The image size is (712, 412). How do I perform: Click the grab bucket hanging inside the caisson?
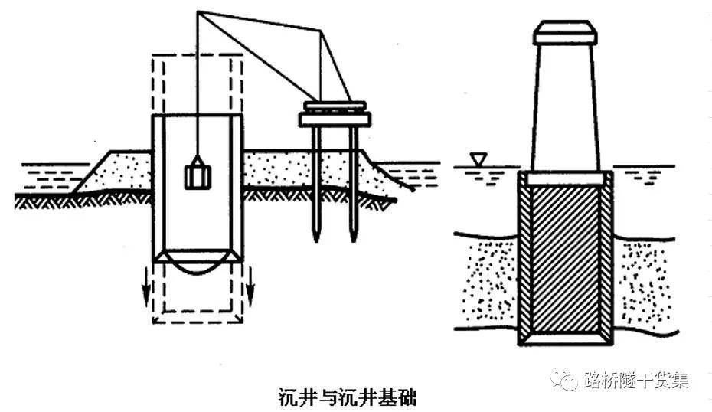tap(198, 175)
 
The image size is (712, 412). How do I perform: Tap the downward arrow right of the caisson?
tap(250, 286)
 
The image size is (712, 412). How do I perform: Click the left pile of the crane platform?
tap(315, 184)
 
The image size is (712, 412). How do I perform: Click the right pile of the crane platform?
tap(353, 184)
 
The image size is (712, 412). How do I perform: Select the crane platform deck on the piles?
tap(335, 119)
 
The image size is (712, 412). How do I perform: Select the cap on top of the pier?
tap(565, 32)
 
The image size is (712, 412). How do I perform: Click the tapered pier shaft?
tap(565, 107)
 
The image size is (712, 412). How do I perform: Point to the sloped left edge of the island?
tap(92, 170)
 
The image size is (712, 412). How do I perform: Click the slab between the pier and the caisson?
tap(565, 178)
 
